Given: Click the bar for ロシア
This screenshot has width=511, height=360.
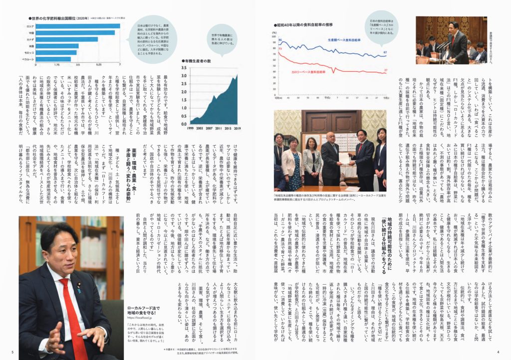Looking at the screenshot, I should coord(77,26).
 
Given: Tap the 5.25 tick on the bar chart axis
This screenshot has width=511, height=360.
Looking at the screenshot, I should coord(99,65).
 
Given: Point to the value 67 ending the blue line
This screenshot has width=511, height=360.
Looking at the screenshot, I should coord(385,52).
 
